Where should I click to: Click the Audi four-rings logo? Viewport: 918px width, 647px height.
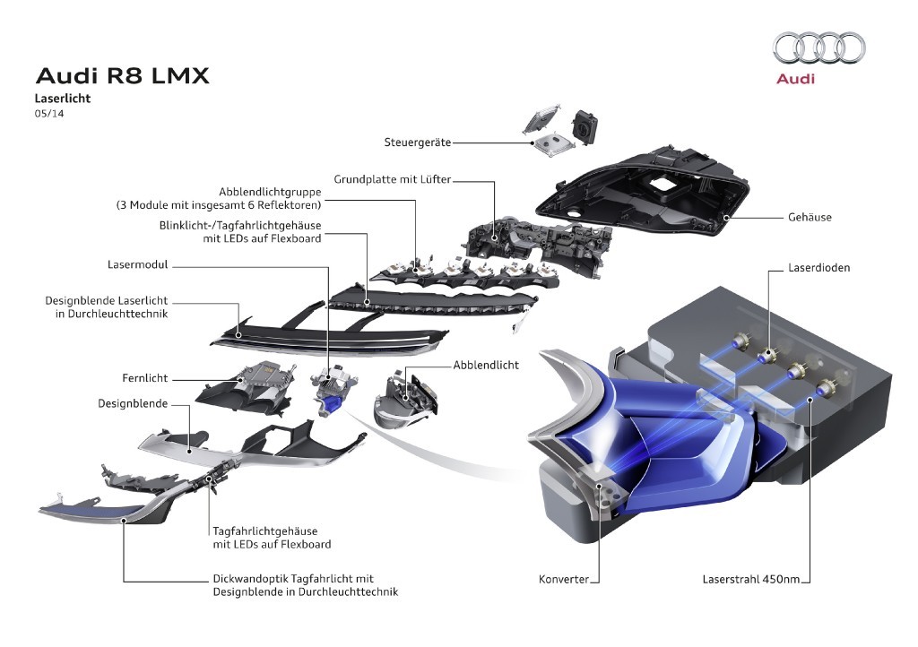tap(818, 47)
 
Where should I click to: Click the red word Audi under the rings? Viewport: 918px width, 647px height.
tap(795, 79)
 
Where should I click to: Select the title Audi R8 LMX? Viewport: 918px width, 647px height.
tap(122, 75)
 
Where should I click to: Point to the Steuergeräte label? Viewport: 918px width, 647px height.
tap(417, 142)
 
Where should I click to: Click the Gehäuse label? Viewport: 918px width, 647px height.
tap(810, 217)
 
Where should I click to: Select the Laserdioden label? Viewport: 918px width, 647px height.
tap(818, 267)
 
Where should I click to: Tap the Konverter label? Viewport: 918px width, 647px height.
tap(563, 579)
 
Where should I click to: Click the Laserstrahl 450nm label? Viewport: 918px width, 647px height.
tap(750, 579)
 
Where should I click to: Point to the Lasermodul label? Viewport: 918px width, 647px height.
tap(137, 264)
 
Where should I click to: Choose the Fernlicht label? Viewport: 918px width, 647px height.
tap(145, 378)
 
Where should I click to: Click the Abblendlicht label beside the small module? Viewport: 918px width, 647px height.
tap(486, 365)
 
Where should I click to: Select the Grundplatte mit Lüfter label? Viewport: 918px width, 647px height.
tap(392, 179)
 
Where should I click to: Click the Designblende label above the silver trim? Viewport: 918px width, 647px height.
tap(133, 403)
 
